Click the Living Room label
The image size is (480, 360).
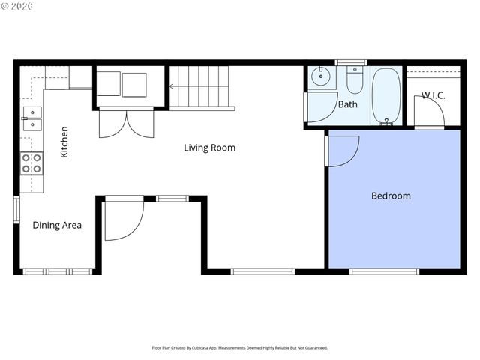(x=209, y=148)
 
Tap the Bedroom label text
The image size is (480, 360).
(x=391, y=196)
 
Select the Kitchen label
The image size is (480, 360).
(x=64, y=141)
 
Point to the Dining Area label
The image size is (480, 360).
(x=57, y=225)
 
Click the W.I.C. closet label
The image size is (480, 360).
(x=433, y=94)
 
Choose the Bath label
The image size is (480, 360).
(x=347, y=104)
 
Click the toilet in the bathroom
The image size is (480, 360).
(x=355, y=80)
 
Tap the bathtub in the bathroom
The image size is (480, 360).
(x=385, y=94)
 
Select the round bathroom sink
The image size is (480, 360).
(x=322, y=75)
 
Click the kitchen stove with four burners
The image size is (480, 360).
(x=31, y=163)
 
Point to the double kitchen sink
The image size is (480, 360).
(x=32, y=118)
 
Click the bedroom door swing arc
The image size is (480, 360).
(x=343, y=150)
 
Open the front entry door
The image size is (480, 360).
(x=123, y=219)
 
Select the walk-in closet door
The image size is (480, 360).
(x=430, y=112)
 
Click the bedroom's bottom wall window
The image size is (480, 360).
(x=384, y=271)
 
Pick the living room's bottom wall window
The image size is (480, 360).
(x=262, y=271)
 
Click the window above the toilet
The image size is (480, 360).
(x=349, y=62)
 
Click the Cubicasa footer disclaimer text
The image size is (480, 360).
(x=239, y=348)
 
